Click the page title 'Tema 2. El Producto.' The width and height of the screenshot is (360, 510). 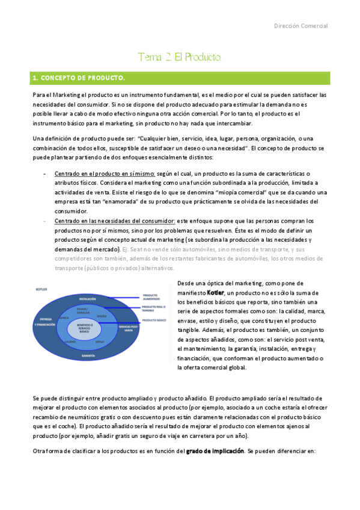[180, 58]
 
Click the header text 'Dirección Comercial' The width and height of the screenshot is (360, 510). [301, 26]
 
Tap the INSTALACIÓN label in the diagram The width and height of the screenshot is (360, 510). [88, 298]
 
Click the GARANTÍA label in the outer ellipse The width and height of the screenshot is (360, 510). [88, 356]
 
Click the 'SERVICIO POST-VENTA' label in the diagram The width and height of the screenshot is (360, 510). [127, 328]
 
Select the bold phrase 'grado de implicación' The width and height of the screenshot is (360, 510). [223, 451]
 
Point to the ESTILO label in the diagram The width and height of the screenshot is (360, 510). [100, 342]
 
